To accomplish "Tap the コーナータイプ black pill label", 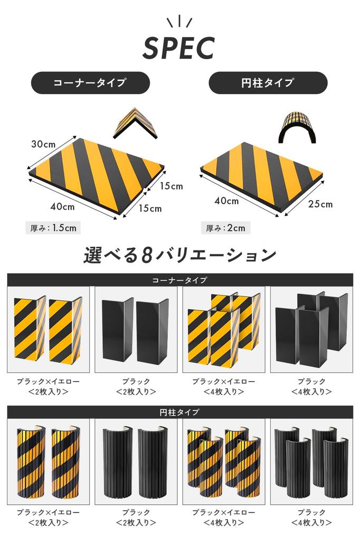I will click(90, 83).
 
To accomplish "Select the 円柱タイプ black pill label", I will click(268, 83).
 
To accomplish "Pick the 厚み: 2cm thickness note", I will click(225, 228).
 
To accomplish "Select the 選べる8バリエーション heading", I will click(179, 255).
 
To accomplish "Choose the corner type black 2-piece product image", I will click(135, 330).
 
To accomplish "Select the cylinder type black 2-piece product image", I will click(135, 461).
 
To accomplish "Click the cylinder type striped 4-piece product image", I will click(223, 461).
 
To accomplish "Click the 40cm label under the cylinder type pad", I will click(226, 201).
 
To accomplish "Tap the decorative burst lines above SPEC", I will click(179, 22).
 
